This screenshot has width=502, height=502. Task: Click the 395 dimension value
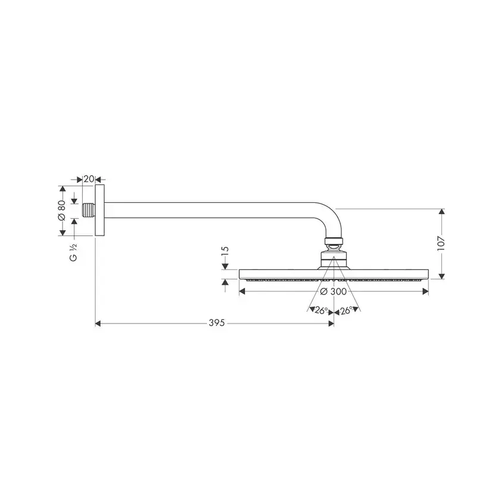tap(217, 323)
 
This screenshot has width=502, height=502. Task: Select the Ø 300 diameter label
tap(333, 291)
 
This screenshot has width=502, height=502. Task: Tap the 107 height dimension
tap(441, 244)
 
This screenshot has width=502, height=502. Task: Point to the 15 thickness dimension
tap(225, 250)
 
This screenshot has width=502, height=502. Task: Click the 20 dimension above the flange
tap(89, 179)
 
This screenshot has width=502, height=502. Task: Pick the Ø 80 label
tap(61, 210)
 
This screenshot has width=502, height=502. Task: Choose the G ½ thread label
tap(73, 253)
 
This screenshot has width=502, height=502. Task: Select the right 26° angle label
tap(346, 310)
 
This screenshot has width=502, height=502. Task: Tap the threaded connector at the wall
tap(89, 210)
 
